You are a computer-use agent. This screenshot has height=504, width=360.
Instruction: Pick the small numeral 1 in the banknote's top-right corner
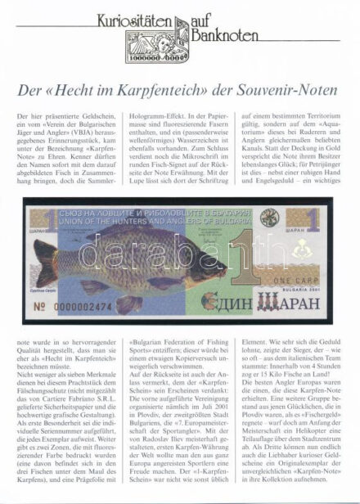coord(313,218)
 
